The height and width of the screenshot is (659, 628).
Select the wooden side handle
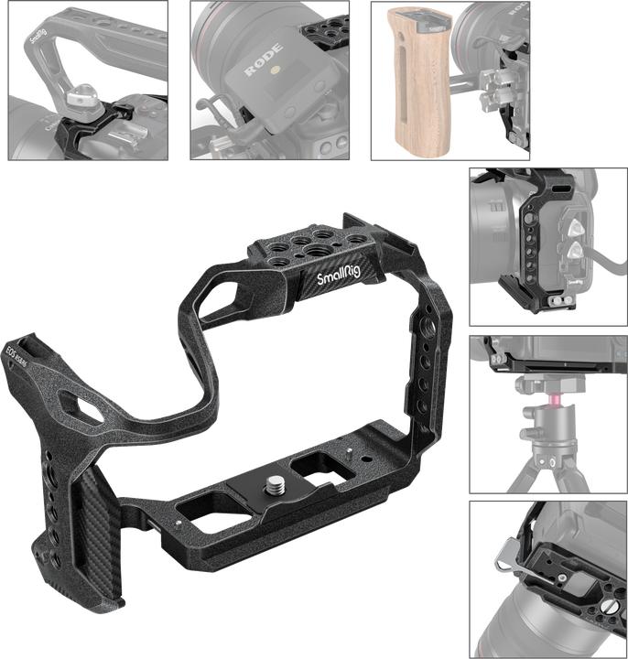pyautogui.click(x=417, y=79)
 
